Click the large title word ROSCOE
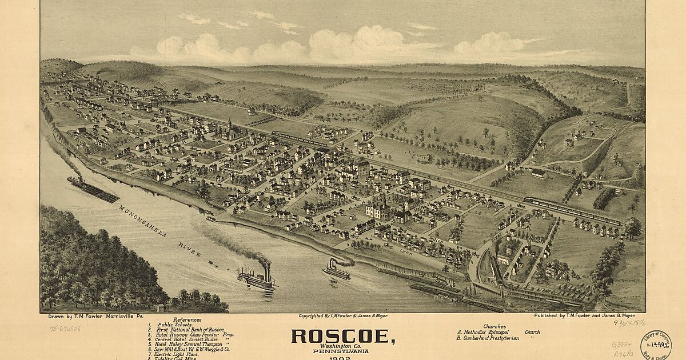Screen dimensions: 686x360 pyautogui.click(x=342, y=336)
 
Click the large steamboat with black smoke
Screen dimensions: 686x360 pyautogui.click(x=257, y=279)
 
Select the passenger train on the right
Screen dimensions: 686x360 pyautogui.click(x=572, y=211)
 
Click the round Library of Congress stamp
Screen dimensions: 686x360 pyautogui.click(x=655, y=345)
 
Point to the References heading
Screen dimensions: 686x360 pyautogui.click(x=187, y=320)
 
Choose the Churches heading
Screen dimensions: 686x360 pyautogui.click(x=494, y=326)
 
